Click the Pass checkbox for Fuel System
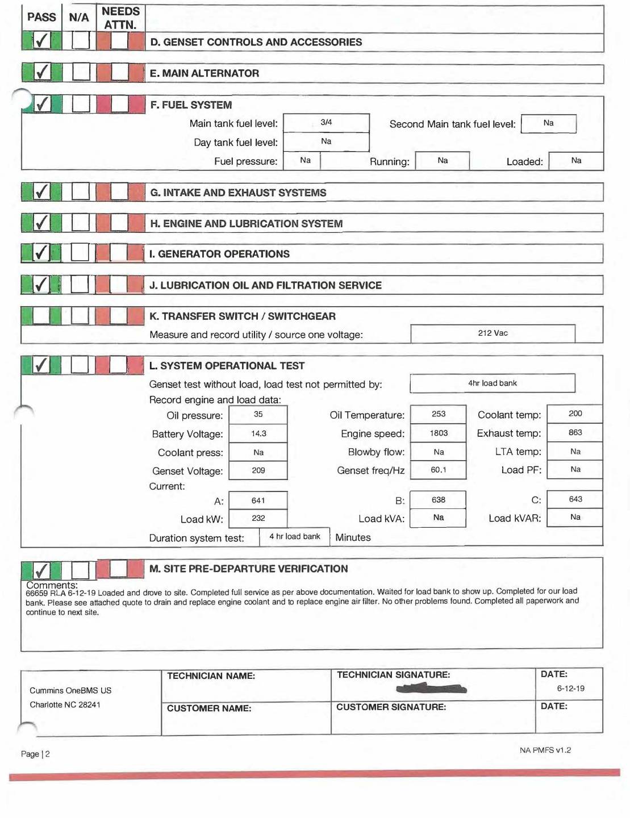coord(42,104)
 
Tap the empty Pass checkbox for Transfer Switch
coord(41,315)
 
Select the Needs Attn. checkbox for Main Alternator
coord(119,72)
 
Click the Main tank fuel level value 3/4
coord(326,123)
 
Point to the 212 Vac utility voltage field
coord(493,333)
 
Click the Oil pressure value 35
coord(258,415)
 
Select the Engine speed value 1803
coord(438,433)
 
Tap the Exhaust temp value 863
coord(575,433)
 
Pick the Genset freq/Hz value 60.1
coord(438,470)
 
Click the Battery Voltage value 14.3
coord(258,434)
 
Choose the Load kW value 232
coord(258,519)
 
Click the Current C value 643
coord(575,499)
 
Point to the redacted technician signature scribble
coord(432,689)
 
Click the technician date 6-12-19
coord(570,688)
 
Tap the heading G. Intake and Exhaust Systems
coord(238,193)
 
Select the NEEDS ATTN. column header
coord(120,18)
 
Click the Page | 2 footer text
coord(35,754)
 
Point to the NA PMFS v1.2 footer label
coord(545,750)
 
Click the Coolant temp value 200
coord(575,414)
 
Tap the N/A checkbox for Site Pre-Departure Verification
coord(80,570)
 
